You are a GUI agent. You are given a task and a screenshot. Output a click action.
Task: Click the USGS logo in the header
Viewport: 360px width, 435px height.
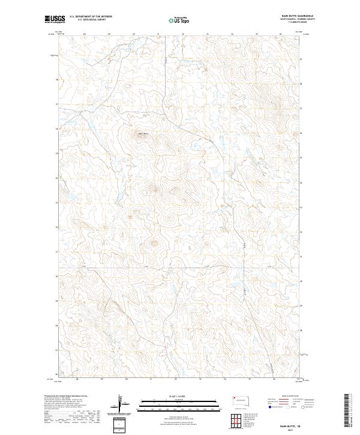[55, 19]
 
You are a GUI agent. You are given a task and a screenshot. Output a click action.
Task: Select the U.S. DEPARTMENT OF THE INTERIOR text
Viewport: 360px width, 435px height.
[91, 17]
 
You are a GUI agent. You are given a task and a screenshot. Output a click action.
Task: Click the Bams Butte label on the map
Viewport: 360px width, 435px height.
[143, 133]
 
